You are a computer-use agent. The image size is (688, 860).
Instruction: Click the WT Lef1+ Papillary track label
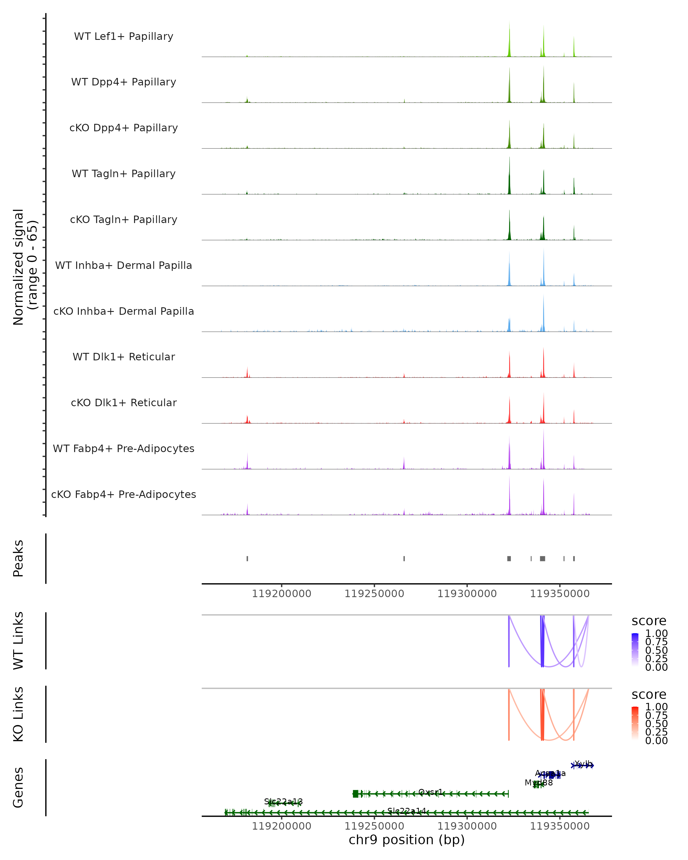124,36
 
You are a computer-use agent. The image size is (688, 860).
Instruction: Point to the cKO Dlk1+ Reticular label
124,402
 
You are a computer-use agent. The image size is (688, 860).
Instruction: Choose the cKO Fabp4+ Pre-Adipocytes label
124,494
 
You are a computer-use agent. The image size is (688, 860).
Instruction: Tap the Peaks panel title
18,558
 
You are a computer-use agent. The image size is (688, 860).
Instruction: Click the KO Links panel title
18,714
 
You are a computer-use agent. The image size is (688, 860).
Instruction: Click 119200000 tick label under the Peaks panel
281,594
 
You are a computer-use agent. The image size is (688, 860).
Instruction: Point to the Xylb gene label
583,763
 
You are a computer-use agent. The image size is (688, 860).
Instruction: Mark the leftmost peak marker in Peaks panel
247,558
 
